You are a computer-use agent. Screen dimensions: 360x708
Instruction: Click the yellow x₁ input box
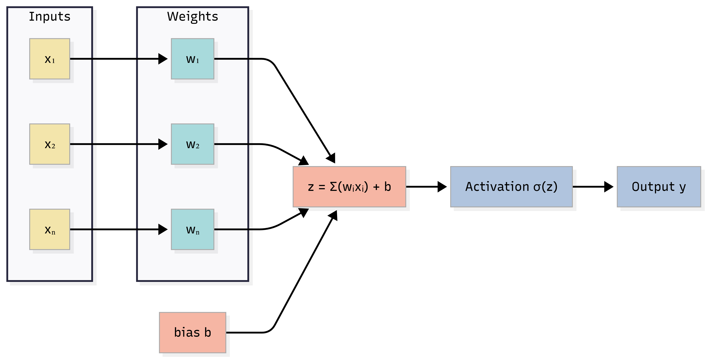[x=50, y=59]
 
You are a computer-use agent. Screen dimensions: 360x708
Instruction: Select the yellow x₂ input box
[x=50, y=144]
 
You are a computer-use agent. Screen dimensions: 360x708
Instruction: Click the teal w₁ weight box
[x=192, y=59]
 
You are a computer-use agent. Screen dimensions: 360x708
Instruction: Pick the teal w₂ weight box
[x=192, y=144]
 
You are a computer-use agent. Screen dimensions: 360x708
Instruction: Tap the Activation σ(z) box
[x=511, y=187]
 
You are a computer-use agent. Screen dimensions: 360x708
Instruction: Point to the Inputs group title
[x=50, y=17]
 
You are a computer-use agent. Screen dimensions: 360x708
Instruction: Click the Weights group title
[x=192, y=17]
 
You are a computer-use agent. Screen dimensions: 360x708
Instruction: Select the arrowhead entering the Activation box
[x=442, y=187]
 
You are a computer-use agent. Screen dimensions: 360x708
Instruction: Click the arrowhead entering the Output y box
[x=609, y=187]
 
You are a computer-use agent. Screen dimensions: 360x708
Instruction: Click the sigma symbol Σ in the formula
[x=333, y=187]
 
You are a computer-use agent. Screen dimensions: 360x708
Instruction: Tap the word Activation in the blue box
[x=497, y=187]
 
